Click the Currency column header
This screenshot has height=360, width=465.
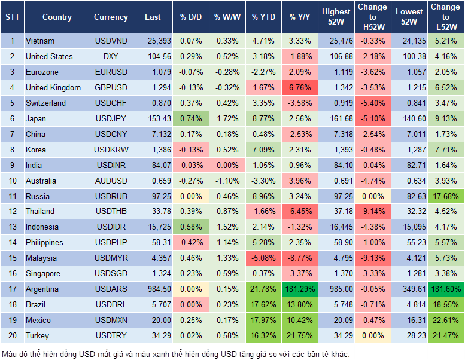click(111, 17)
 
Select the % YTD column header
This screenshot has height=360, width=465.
click(263, 17)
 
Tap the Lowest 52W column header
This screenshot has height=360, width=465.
click(409, 17)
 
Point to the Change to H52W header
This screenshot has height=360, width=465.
click(372, 17)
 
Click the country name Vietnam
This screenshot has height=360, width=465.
click(40, 41)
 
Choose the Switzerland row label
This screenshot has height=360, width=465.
click(46, 103)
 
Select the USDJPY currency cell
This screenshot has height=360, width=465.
click(111, 118)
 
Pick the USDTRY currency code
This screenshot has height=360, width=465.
click(111, 335)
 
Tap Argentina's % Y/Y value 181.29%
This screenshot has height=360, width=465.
click(300, 289)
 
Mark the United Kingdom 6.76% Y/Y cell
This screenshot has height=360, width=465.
click(300, 88)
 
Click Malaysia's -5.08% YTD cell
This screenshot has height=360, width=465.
click(263, 258)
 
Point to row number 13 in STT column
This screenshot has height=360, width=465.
click(11, 227)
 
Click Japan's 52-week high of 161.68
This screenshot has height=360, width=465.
click(336, 118)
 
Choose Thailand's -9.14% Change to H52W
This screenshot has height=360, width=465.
click(372, 212)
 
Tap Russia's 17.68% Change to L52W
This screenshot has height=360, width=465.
click(446, 196)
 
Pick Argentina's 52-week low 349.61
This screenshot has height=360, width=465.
click(409, 289)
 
